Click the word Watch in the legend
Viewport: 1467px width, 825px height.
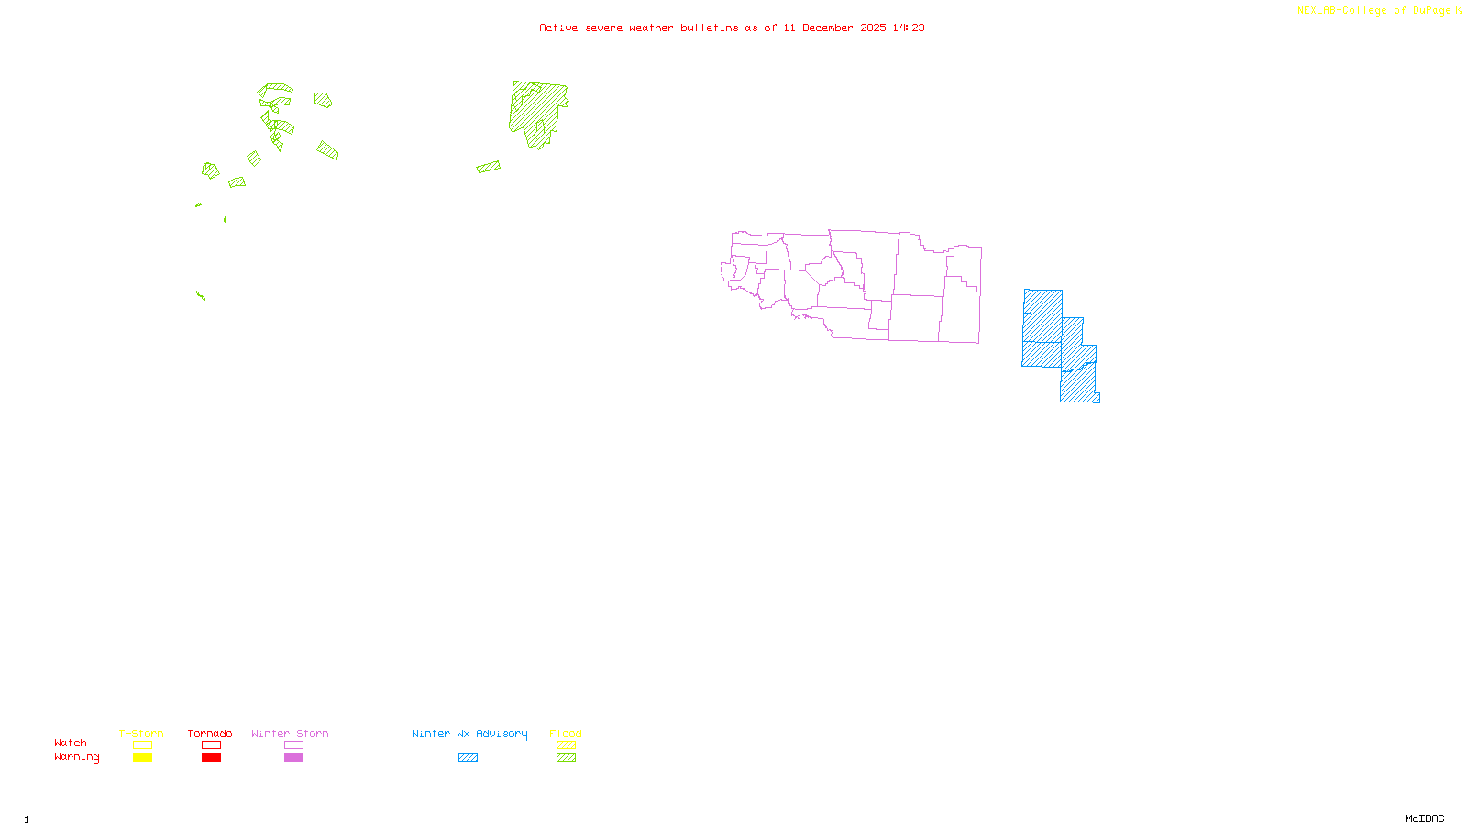point(71,743)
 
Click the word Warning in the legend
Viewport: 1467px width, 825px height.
point(77,757)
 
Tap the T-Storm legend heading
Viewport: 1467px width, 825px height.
point(141,733)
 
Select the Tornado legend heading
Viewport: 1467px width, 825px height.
point(210,733)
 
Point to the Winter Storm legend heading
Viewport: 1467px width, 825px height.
point(290,733)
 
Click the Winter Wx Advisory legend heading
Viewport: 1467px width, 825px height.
point(469,733)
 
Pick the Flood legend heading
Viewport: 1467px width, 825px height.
point(566,733)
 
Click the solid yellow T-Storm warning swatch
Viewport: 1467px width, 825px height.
point(142,758)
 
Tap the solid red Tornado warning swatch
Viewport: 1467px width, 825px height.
point(211,758)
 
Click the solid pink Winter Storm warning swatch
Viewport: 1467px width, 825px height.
point(293,758)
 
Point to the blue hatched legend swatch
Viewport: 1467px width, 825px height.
point(468,758)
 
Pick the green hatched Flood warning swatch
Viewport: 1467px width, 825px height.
point(567,758)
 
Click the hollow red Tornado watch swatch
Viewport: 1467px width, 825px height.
point(211,745)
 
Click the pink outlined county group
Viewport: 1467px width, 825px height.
point(862,284)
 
